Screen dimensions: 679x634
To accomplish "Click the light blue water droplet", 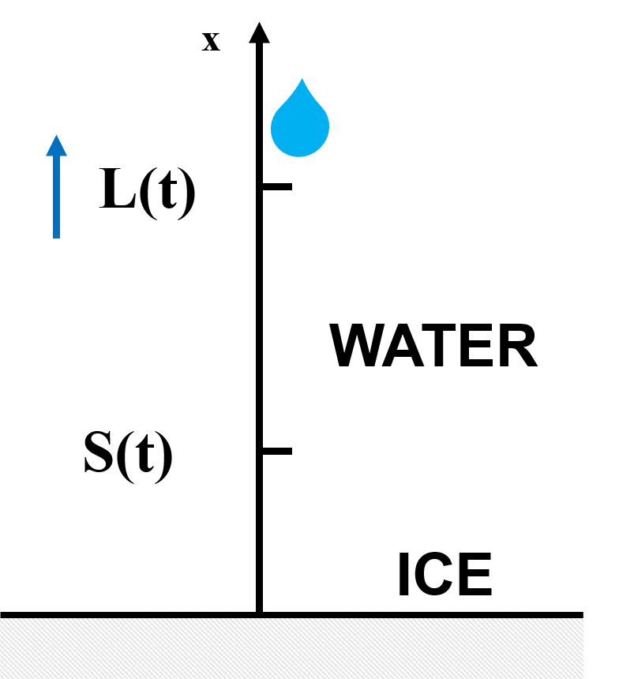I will coord(300,122).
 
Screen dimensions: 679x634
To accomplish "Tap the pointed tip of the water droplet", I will coord(302,77).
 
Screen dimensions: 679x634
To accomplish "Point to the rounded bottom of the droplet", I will coord(300,156).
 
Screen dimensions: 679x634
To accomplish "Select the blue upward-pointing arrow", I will coord(56,189).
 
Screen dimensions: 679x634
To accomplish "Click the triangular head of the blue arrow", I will coord(56,147).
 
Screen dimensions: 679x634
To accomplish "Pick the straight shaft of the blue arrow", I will coord(56,197).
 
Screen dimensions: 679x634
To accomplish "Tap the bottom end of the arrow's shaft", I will coord(56,238).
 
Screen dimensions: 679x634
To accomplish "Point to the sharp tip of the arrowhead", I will coord(56,135).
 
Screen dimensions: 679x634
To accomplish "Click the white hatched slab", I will coord(291,648).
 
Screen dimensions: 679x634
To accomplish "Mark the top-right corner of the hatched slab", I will coord(582,619).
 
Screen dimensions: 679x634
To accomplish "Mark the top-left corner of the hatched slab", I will coord(1,619).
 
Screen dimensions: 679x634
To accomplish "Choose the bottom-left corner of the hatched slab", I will coord(1,677).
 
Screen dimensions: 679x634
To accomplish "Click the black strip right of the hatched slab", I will coord(609,648).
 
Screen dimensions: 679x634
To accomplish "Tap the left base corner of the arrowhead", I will coord(46,156).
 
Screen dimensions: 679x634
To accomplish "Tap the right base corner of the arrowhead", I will coord(67,156).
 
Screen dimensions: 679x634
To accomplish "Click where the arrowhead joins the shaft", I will coord(56,156).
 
